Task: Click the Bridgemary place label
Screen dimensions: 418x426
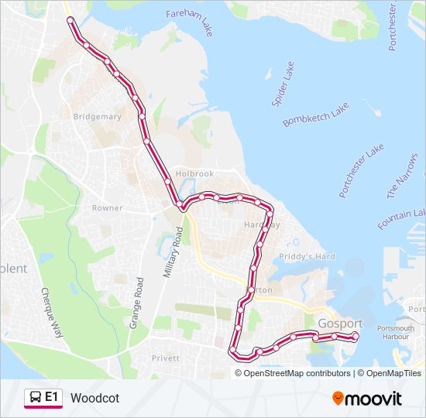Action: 97,117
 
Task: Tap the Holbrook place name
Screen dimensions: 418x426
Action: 194,174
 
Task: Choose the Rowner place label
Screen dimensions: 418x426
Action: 107,208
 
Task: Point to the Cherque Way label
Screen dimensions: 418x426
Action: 50,313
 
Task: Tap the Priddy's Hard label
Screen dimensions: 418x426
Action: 307,256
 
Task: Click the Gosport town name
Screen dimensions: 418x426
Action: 339,323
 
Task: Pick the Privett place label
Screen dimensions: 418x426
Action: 166,358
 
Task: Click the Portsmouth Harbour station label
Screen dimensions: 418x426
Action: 394,333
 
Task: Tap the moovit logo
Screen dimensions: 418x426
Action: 367,399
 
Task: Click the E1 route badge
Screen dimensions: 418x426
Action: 44,398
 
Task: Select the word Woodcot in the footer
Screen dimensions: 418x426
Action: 94,398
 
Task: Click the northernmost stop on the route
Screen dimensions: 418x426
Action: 70,20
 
